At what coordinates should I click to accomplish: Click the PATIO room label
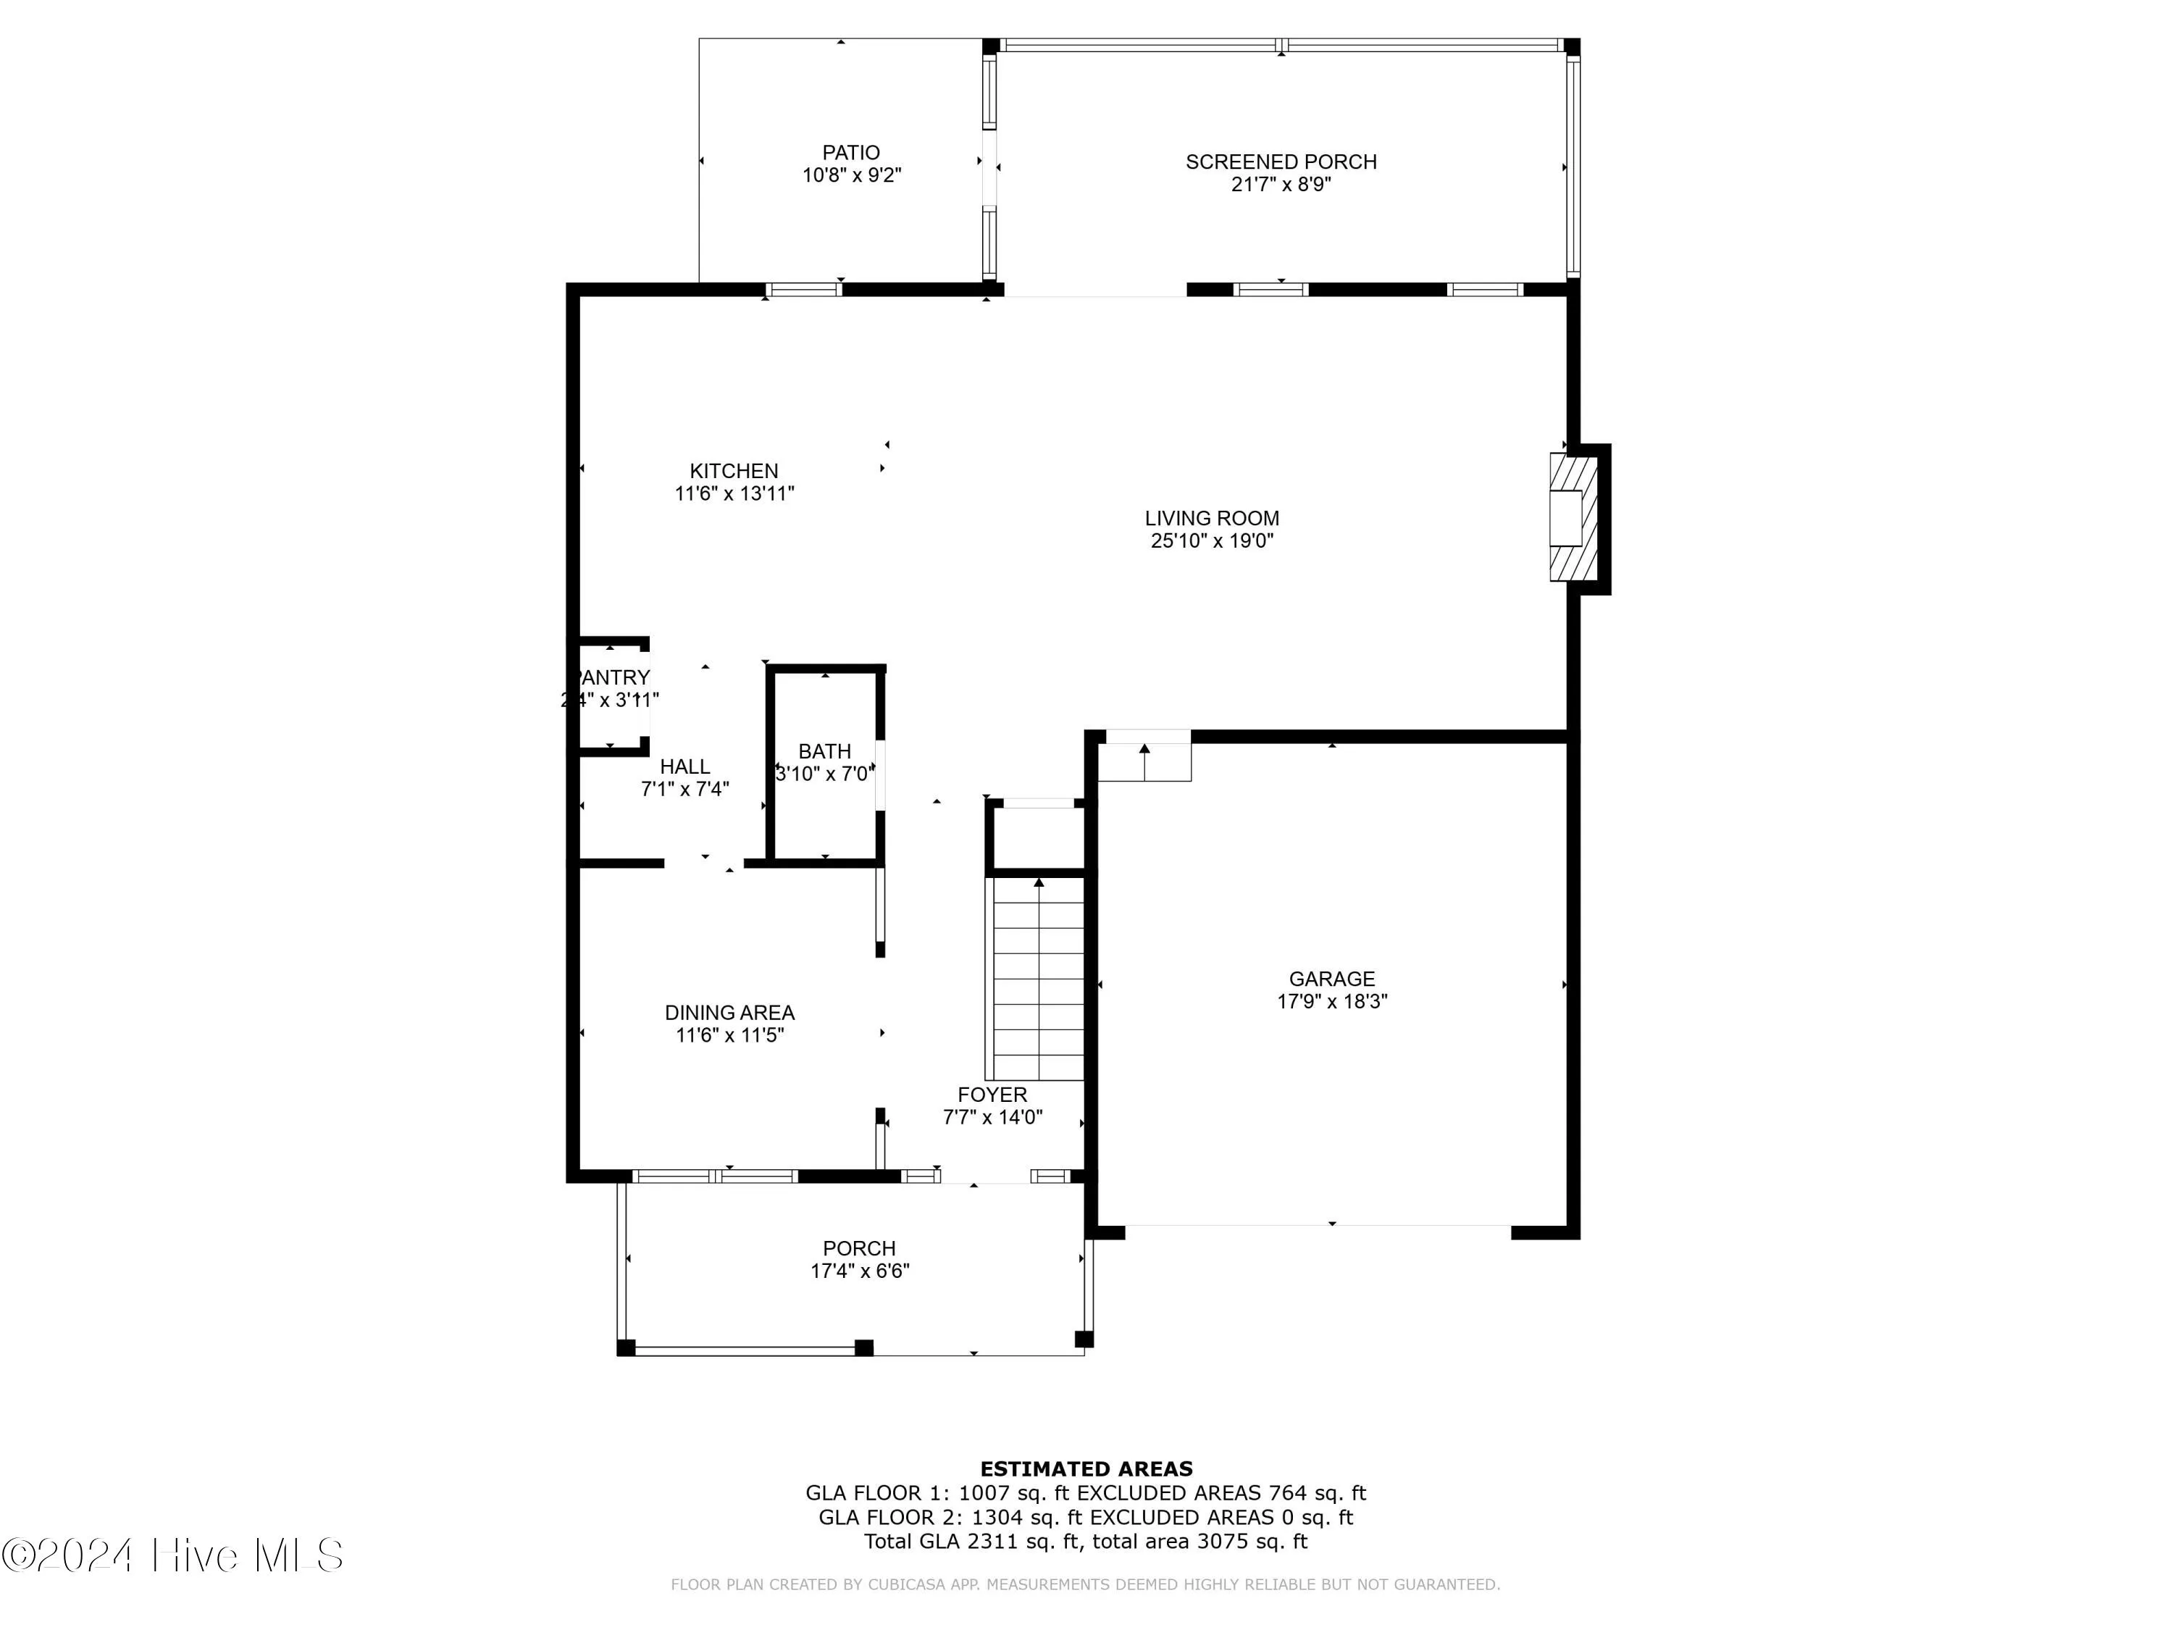click(851, 152)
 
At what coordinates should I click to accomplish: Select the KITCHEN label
click(733, 471)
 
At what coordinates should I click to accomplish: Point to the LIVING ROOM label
click(1211, 518)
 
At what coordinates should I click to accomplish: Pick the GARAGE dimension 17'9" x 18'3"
click(1331, 1001)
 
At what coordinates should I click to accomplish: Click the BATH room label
click(824, 751)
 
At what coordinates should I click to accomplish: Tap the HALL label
click(684, 766)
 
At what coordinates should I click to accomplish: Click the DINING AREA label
click(729, 1012)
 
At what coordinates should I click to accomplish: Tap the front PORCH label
click(858, 1247)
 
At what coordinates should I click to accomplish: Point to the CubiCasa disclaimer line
click(1084, 1584)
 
